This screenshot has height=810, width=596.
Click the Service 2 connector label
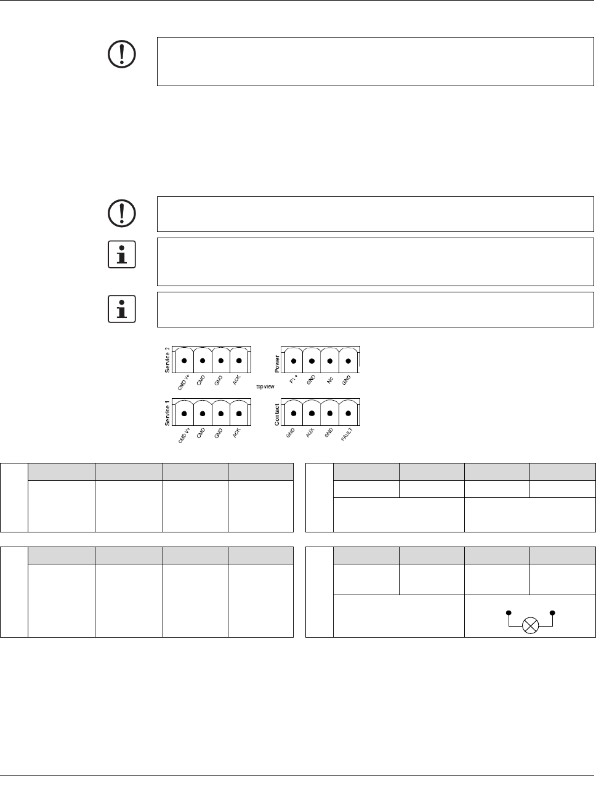point(167,360)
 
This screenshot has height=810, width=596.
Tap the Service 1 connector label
point(167,413)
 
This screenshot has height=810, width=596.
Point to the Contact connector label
point(277,414)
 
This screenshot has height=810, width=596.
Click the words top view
point(265,387)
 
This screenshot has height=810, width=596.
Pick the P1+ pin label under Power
point(293,380)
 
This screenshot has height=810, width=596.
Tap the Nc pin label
point(330,380)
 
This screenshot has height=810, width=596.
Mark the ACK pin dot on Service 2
point(240,361)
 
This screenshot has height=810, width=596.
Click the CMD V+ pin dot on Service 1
point(184,414)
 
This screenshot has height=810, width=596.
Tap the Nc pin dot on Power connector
point(331,361)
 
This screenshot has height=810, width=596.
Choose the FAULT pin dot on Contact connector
point(349,414)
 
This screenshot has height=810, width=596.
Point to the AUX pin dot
point(312,414)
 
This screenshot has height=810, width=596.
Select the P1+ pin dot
point(294,361)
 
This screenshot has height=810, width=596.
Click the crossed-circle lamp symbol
point(530,626)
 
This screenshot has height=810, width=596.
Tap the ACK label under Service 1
point(236,433)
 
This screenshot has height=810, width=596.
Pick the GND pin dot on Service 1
point(221,414)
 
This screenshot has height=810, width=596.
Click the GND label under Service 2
point(218,380)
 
